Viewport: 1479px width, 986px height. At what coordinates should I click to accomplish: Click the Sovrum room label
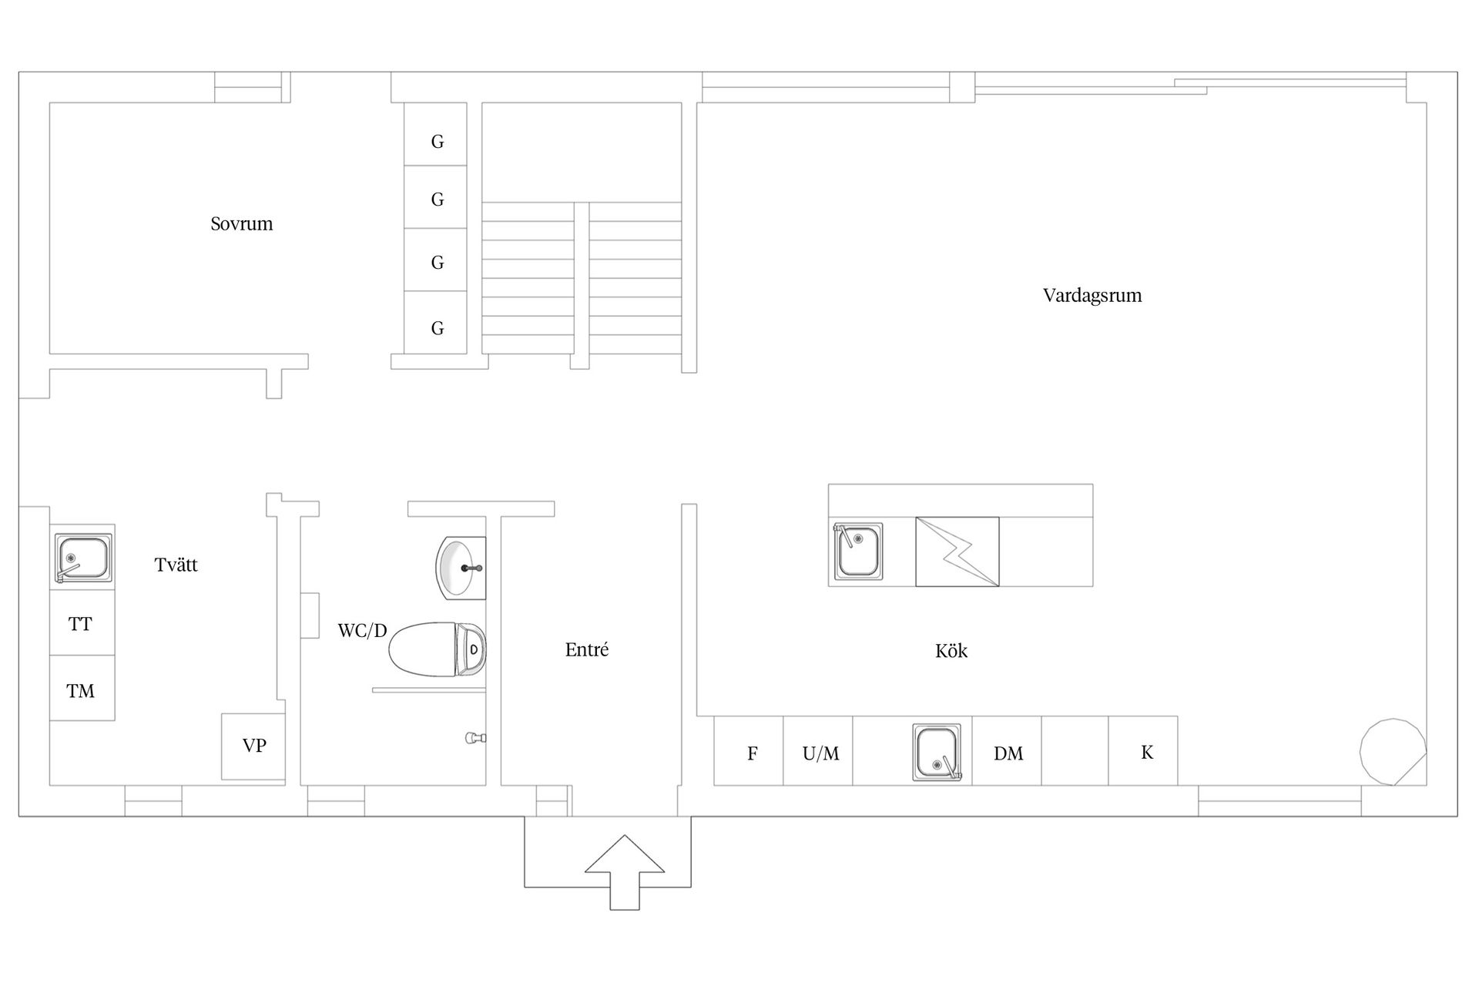click(x=242, y=224)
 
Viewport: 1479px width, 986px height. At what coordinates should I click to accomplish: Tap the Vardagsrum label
click(x=1092, y=296)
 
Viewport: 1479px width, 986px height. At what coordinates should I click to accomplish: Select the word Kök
click(x=951, y=651)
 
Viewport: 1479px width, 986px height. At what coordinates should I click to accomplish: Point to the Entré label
click(x=587, y=649)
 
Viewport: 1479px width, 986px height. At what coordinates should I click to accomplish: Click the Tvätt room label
click(x=176, y=565)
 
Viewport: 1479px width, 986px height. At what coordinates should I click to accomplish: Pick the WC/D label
click(x=362, y=631)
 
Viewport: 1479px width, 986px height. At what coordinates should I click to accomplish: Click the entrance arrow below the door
click(x=625, y=872)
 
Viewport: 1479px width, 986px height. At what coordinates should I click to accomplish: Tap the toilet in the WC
click(x=437, y=649)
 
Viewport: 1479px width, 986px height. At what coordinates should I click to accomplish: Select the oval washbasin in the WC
click(x=461, y=568)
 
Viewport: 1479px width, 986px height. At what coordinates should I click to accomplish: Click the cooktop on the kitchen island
click(x=957, y=552)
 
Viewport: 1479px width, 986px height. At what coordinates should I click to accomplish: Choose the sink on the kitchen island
click(x=858, y=551)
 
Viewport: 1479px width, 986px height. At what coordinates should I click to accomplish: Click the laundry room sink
click(x=82, y=558)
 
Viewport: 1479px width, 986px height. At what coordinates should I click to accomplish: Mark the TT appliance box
click(x=82, y=623)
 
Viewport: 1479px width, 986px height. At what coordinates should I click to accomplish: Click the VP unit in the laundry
click(x=253, y=746)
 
